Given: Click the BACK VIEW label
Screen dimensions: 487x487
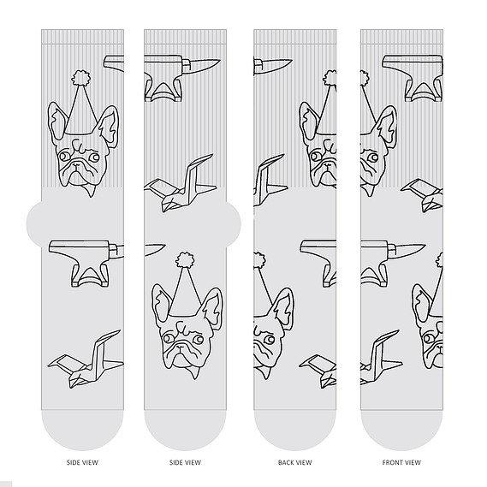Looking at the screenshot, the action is (x=294, y=462).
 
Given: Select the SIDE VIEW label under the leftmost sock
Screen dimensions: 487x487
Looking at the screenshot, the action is (x=82, y=462).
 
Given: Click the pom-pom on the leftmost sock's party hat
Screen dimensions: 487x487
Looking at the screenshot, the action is (x=81, y=78).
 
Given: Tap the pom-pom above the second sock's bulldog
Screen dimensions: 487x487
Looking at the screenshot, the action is (x=185, y=259).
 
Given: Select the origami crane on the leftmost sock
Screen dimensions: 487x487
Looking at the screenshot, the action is (x=86, y=359).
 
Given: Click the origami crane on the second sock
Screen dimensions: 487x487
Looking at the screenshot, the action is (x=180, y=184).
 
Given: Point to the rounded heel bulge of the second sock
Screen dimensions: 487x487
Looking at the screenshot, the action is (x=234, y=223).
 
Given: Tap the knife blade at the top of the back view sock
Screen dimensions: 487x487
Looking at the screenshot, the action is (x=273, y=64).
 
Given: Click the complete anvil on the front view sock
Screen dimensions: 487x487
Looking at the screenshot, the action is (x=413, y=78).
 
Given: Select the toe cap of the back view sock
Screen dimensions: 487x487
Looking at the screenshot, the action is (x=294, y=431).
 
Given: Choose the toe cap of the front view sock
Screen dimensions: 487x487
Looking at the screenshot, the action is (x=401, y=431).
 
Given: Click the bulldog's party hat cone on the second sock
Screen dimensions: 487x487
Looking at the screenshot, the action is (x=185, y=291).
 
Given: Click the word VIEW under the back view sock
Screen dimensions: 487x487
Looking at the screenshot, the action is (x=304, y=462).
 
